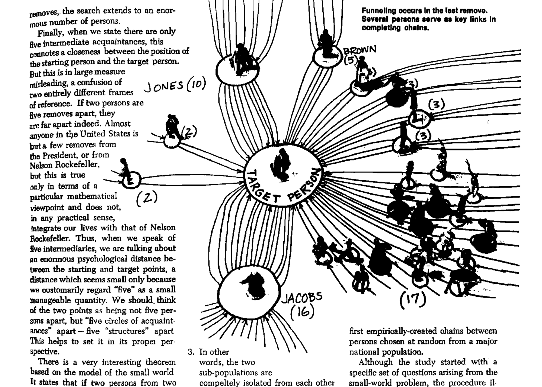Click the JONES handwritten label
[x=163, y=86]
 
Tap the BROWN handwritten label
[x=360, y=50]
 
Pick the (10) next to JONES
[x=196, y=85]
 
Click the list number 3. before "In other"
[x=191, y=352]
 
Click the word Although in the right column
[x=376, y=362]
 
